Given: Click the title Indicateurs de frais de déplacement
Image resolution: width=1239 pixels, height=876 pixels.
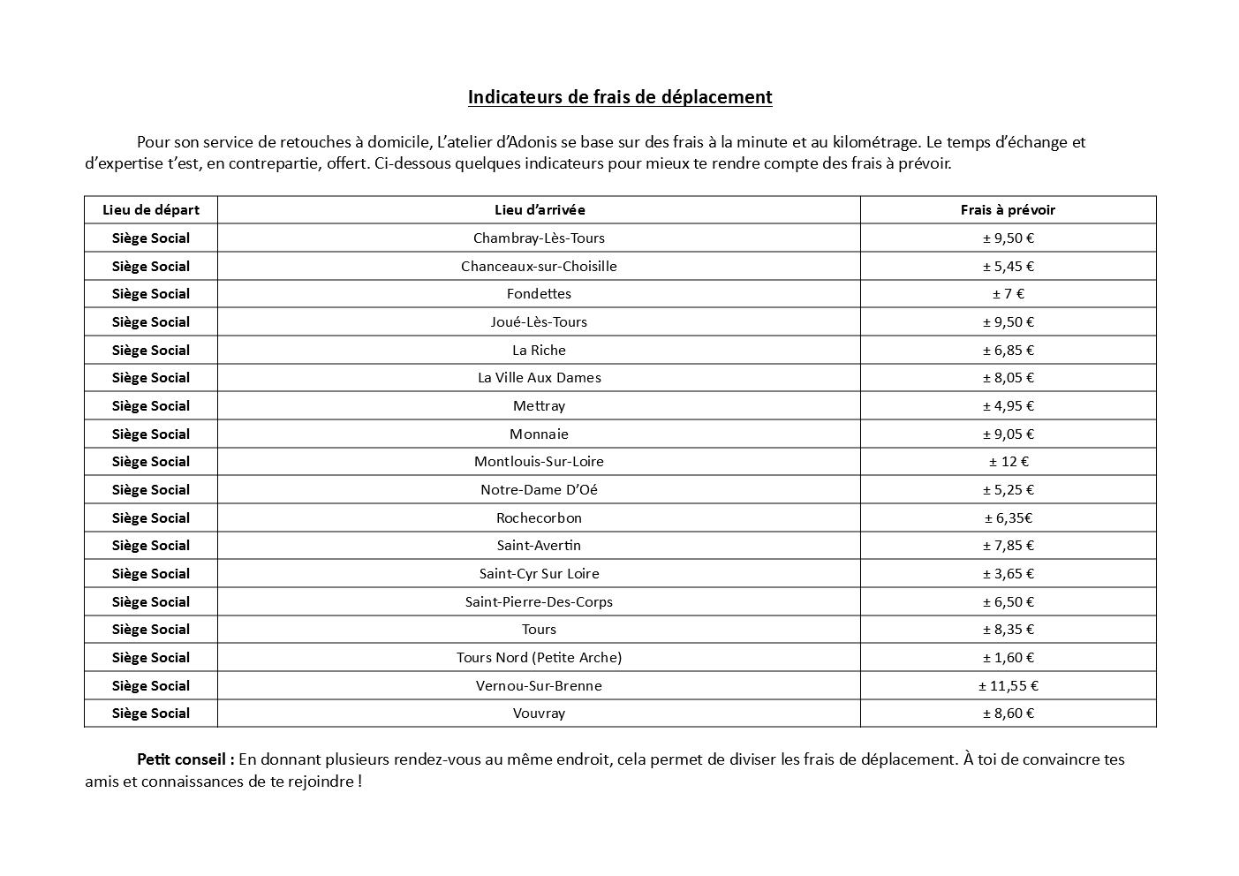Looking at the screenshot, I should [619, 97].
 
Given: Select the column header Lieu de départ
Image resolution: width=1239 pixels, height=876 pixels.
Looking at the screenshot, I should [151, 210].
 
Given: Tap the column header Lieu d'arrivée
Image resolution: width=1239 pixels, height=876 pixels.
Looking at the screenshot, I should [539, 210].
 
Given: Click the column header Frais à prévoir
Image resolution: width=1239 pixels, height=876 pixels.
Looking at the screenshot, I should [1008, 210].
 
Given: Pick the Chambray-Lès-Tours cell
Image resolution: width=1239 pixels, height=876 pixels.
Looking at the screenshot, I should [539, 238].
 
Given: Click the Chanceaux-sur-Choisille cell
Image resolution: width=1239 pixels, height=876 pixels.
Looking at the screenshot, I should [539, 266].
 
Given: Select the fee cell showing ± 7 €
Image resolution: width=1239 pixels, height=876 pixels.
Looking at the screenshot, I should [1008, 294].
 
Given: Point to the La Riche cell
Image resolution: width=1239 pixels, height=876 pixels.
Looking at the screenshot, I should [539, 350].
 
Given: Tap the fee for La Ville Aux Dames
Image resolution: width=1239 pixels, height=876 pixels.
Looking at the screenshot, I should [1008, 378].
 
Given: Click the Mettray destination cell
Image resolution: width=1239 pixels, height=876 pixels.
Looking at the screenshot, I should [539, 406].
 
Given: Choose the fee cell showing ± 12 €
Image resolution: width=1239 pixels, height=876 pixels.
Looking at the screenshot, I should [1008, 462].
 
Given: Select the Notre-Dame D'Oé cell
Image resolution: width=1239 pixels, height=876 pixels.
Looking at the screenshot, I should [539, 490].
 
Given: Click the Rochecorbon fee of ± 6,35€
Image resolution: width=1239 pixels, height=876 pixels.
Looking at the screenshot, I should [1008, 518].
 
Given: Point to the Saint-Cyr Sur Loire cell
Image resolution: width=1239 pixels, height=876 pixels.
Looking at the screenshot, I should [539, 574].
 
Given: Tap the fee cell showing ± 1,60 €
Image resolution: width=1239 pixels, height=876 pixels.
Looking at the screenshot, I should [1008, 658].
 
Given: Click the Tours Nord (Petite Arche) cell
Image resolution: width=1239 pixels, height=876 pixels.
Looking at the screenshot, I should [539, 658].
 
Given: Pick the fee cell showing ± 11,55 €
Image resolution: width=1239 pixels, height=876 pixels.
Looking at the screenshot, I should [1008, 686].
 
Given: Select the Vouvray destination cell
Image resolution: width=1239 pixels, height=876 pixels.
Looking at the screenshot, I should [539, 714].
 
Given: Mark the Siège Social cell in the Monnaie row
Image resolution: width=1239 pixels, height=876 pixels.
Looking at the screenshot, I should [151, 434].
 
